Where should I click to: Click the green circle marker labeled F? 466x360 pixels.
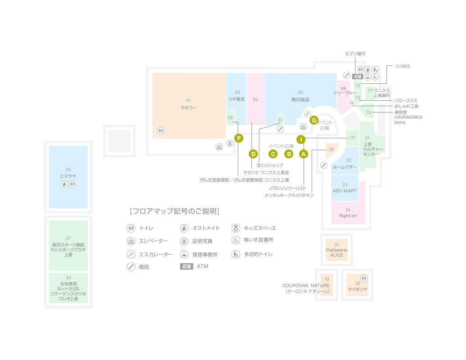(238, 138)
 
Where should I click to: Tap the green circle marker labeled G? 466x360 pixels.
(314, 120)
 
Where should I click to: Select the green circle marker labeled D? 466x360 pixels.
(253, 154)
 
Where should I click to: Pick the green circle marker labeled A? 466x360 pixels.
(303, 154)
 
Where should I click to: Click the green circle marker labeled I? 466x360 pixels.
(300, 139)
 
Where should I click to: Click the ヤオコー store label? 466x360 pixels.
(188, 108)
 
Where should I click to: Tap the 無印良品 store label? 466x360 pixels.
(300, 99)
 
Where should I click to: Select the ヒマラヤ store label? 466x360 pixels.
(68, 176)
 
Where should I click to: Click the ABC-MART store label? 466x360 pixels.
(345, 191)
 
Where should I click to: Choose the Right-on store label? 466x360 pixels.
(348, 216)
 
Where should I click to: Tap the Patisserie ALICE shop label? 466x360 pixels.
(336, 252)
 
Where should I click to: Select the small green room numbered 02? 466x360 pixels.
(230, 118)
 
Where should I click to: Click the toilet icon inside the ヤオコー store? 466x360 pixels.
(161, 130)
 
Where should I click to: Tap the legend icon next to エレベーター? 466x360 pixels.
(131, 241)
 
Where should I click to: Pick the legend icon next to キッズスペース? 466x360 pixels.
(235, 228)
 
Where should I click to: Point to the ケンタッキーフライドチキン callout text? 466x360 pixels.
(289, 195)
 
